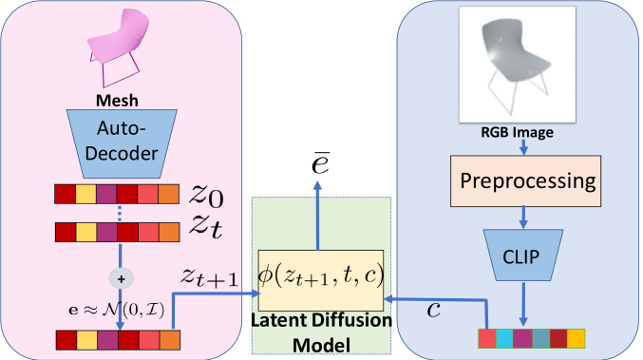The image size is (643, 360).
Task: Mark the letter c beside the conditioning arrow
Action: pos(433,310)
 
